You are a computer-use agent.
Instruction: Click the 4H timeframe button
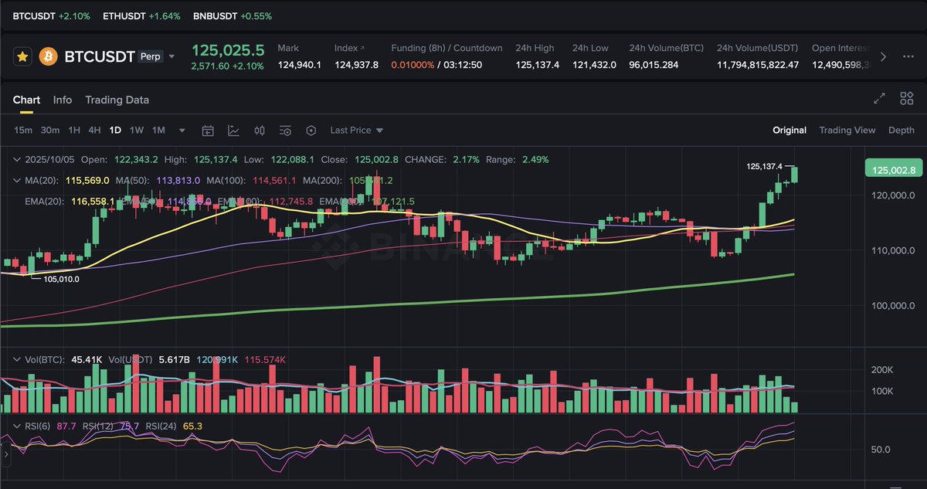point(94,131)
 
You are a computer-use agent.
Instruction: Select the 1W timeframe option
point(136,131)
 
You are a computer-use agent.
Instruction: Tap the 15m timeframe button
point(23,131)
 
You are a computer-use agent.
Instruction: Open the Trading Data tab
point(117,100)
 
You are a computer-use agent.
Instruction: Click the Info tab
point(63,100)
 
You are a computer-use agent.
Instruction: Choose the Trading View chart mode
point(847,131)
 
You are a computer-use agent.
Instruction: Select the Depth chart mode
point(901,131)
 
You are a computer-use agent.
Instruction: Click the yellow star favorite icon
point(23,56)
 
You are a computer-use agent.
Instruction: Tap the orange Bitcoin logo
point(49,56)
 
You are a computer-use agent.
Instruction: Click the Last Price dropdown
point(356,131)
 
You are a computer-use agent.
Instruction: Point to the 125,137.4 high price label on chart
point(764,166)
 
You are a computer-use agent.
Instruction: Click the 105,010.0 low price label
point(61,280)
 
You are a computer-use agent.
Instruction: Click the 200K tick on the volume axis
point(882,370)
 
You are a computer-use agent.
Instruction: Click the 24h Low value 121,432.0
point(594,65)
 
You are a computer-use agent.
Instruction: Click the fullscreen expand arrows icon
point(879,99)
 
